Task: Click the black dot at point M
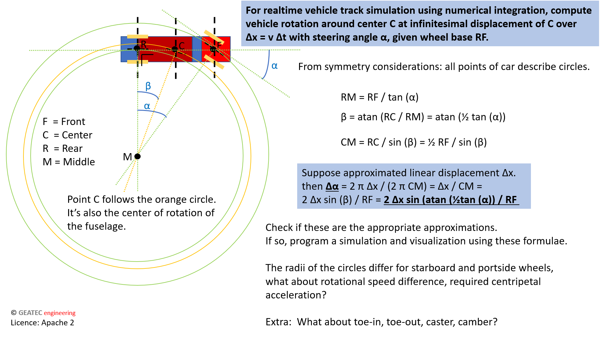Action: point(137,156)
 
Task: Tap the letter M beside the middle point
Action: point(127,157)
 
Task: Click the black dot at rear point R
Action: point(137,48)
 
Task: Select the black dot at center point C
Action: point(175,49)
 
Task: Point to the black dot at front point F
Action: point(213,49)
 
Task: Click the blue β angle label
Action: point(148,86)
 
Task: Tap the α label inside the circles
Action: point(147,106)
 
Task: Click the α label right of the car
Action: point(274,66)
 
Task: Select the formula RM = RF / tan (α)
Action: point(379,97)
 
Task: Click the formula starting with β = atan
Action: point(423,117)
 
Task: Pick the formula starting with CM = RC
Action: point(413,142)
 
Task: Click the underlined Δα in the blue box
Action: point(332,187)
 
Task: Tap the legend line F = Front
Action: point(64,122)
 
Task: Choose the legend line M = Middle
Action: point(69,162)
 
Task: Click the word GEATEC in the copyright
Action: point(30,313)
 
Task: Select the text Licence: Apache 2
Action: point(42,323)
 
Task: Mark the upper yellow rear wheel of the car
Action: point(137,37)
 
